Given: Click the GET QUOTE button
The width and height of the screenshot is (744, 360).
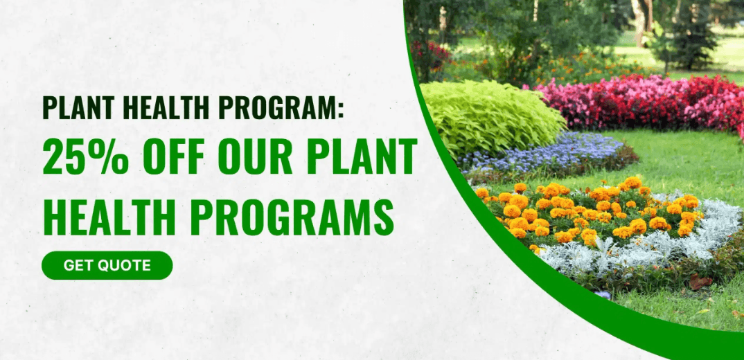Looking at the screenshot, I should pos(107,265).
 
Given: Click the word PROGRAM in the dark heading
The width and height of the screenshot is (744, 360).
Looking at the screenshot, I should pos(274,107).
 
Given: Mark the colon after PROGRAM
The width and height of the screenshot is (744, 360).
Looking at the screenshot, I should pos(340,109).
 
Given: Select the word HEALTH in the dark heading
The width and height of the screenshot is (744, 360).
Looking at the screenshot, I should pos(163,107).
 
